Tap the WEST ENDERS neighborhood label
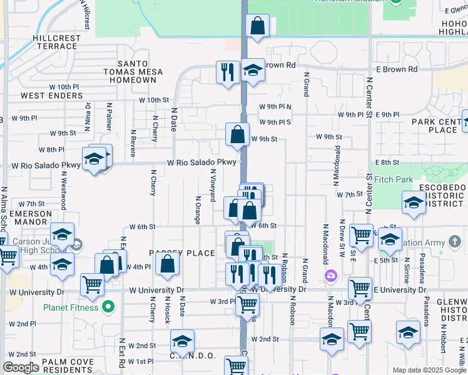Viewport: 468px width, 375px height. click(x=51, y=96)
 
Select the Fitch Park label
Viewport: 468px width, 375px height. click(x=394, y=180)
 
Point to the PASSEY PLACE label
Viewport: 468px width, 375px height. click(x=173, y=252)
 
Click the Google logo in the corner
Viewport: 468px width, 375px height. click(x=21, y=367)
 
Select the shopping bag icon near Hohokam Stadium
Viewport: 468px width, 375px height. click(x=257, y=26)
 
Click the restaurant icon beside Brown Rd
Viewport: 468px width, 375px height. click(x=227, y=71)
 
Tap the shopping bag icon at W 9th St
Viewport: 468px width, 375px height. click(x=238, y=134)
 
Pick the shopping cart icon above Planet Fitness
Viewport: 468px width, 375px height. click(x=92, y=284)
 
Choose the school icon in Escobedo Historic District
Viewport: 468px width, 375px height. click(x=414, y=203)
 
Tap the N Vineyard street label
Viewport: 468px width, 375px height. click(x=213, y=185)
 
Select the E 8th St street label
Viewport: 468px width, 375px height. click(x=389, y=162)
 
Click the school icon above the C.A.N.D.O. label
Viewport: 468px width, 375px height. click(x=182, y=341)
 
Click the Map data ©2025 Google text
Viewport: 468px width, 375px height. click(x=428, y=370)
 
